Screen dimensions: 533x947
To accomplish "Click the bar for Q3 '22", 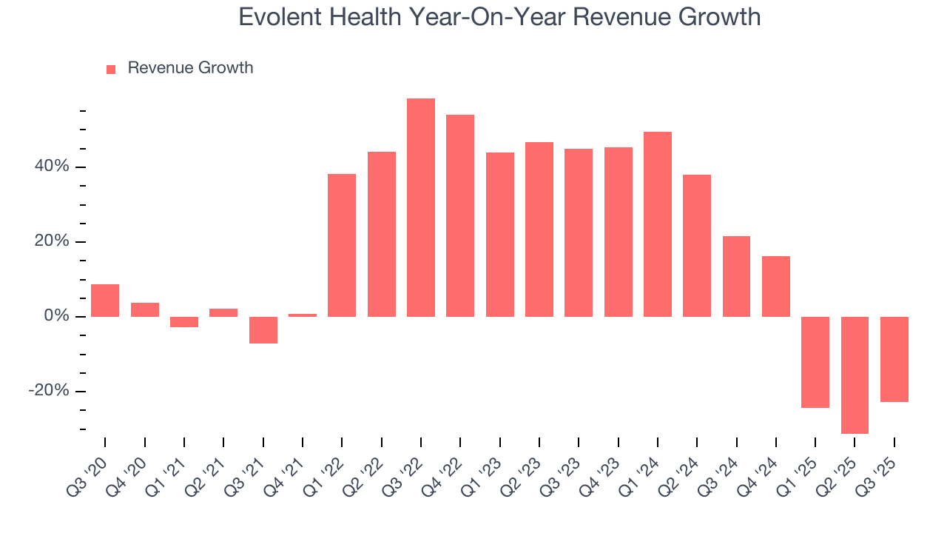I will point(421,207).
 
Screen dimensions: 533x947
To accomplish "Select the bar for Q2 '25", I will point(855,375).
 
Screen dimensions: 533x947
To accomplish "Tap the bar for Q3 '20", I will point(105,301).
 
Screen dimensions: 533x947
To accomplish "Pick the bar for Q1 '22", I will point(342,245).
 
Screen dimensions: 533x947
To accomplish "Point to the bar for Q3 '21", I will point(263,330).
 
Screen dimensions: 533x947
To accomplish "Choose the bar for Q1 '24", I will point(658,224).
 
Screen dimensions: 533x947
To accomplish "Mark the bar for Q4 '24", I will point(776,286).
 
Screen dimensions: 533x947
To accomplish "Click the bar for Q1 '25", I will point(815,362).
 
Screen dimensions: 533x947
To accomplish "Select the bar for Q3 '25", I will point(894,359).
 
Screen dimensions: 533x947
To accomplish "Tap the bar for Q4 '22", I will point(460,215).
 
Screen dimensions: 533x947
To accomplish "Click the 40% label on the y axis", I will point(52,167).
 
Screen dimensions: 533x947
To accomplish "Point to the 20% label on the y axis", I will point(52,242).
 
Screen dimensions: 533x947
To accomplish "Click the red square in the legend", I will point(111,70).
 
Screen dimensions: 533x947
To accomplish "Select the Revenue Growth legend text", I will point(190,68).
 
